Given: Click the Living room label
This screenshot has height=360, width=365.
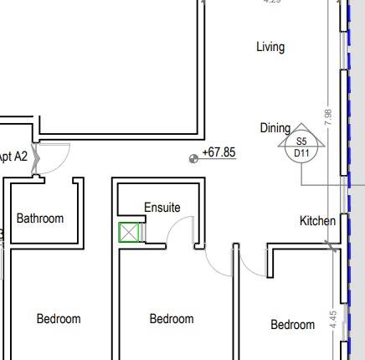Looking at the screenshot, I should [x=270, y=47].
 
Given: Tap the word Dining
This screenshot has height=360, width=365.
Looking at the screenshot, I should [x=275, y=128].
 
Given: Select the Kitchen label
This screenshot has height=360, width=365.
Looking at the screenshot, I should [x=318, y=221].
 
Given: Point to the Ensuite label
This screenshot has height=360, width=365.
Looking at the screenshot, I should [x=162, y=208].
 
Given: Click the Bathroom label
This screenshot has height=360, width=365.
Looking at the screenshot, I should [x=39, y=219].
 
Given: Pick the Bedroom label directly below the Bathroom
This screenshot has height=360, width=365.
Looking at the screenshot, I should [x=59, y=318].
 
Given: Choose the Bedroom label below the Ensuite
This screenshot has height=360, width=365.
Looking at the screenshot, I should [x=172, y=318].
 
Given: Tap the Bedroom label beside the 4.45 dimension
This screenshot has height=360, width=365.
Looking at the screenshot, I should [x=292, y=324].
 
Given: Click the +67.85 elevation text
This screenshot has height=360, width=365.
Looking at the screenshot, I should [x=218, y=152].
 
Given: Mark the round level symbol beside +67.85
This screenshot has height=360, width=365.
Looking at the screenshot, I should [x=194, y=156].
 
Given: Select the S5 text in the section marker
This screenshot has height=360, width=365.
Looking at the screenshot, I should [x=301, y=142].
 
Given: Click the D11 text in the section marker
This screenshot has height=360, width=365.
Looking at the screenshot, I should [x=301, y=153].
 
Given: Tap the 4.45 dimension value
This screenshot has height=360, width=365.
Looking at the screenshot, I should [x=332, y=322].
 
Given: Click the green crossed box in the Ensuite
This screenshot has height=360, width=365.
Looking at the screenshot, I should [x=129, y=233].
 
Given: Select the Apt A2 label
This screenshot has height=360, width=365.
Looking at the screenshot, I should [x=13, y=157].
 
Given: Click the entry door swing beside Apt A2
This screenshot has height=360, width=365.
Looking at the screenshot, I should [x=55, y=159].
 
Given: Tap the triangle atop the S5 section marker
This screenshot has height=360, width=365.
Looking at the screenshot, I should [x=301, y=131].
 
